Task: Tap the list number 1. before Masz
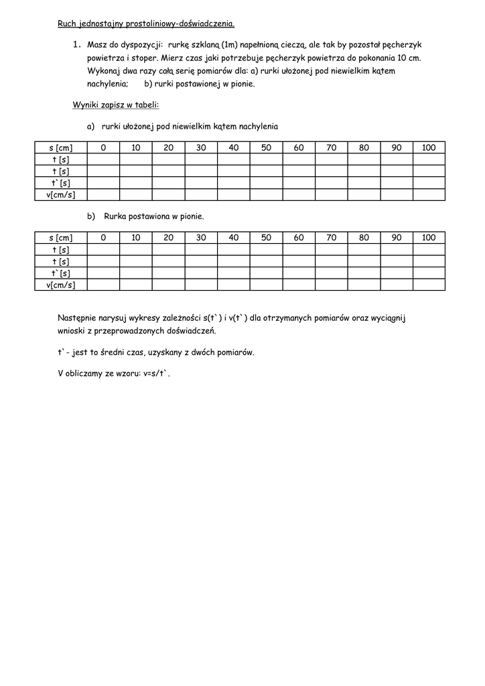click(x=76, y=44)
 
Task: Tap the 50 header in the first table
click(x=266, y=148)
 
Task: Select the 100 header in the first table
click(x=429, y=148)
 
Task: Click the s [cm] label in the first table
click(x=61, y=148)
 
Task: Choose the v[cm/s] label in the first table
click(x=61, y=195)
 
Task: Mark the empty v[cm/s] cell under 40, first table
click(x=233, y=195)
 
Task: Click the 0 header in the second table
click(x=103, y=238)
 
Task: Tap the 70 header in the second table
click(x=331, y=238)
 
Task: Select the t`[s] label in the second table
click(x=61, y=273)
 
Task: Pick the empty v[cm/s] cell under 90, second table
click(x=397, y=285)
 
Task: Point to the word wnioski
click(x=72, y=332)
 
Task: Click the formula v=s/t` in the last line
click(x=153, y=373)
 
